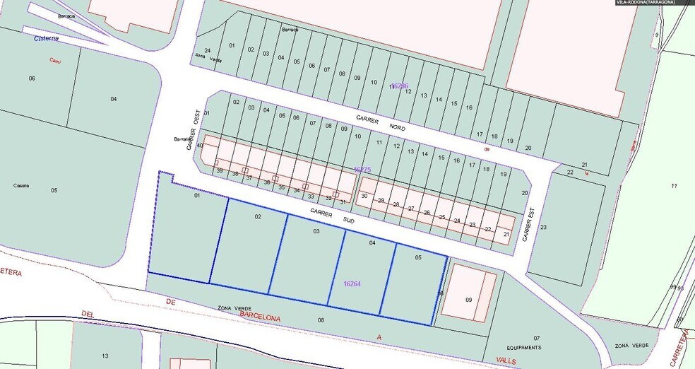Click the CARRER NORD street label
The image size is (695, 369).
(x=386, y=124)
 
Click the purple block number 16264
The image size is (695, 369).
(x=352, y=283)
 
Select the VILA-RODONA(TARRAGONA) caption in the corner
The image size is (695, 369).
(x=646, y=3)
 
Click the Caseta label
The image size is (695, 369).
(x=21, y=185)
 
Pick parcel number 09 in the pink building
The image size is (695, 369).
(x=468, y=300)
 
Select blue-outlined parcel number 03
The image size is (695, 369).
(x=316, y=231)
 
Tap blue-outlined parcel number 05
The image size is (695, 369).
(x=418, y=258)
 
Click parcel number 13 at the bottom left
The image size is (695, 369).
(x=105, y=356)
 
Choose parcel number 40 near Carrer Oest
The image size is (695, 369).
(x=200, y=146)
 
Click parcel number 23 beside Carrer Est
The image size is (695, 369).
(x=543, y=227)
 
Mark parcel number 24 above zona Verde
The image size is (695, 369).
(x=207, y=50)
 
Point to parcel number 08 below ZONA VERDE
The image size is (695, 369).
(x=321, y=320)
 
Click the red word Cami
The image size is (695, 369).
(x=54, y=61)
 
